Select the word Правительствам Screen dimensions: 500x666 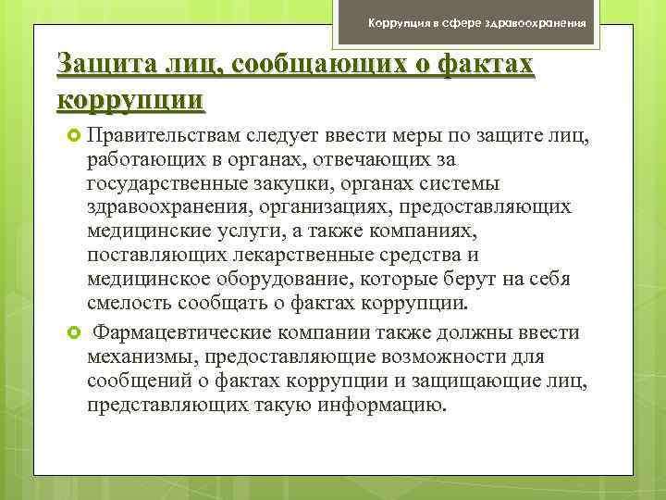[x=164, y=138]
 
